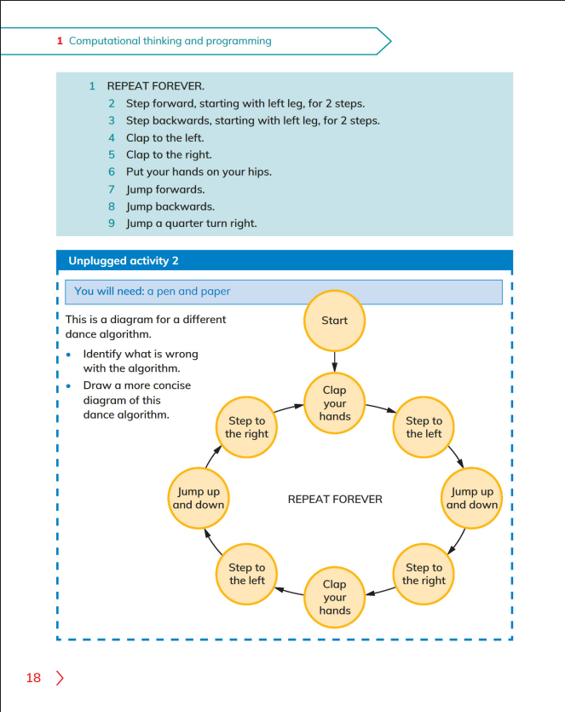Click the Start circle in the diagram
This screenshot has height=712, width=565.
click(334, 321)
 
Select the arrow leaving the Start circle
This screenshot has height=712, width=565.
click(334, 362)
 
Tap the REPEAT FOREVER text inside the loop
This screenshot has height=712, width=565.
click(335, 499)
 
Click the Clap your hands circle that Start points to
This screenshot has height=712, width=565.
click(334, 403)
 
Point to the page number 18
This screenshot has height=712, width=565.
click(33, 678)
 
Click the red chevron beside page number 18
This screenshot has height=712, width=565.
click(60, 678)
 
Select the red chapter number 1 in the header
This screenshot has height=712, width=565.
click(60, 41)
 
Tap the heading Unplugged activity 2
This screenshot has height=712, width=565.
click(124, 261)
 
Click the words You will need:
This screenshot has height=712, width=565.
click(109, 291)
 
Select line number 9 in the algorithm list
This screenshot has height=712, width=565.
click(112, 223)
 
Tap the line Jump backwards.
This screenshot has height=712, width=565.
click(170, 206)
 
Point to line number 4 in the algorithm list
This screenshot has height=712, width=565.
click(112, 138)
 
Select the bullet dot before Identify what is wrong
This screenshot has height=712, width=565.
click(68, 355)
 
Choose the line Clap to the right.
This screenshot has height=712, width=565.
click(169, 155)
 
